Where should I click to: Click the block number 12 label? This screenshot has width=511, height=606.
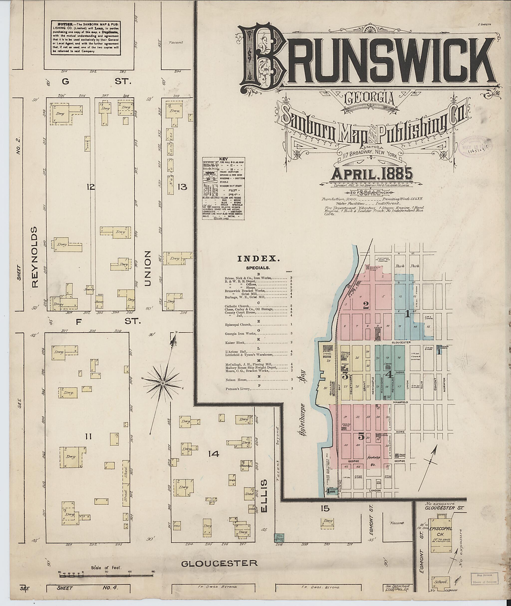click(x=91, y=187)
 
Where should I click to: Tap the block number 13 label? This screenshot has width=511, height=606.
click(x=182, y=187)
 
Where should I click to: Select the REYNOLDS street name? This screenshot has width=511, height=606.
click(x=35, y=257)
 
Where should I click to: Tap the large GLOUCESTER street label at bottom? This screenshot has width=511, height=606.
click(x=219, y=563)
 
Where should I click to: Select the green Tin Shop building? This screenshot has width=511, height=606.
click(x=279, y=538)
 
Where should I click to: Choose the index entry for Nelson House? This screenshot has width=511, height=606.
click(x=236, y=379)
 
